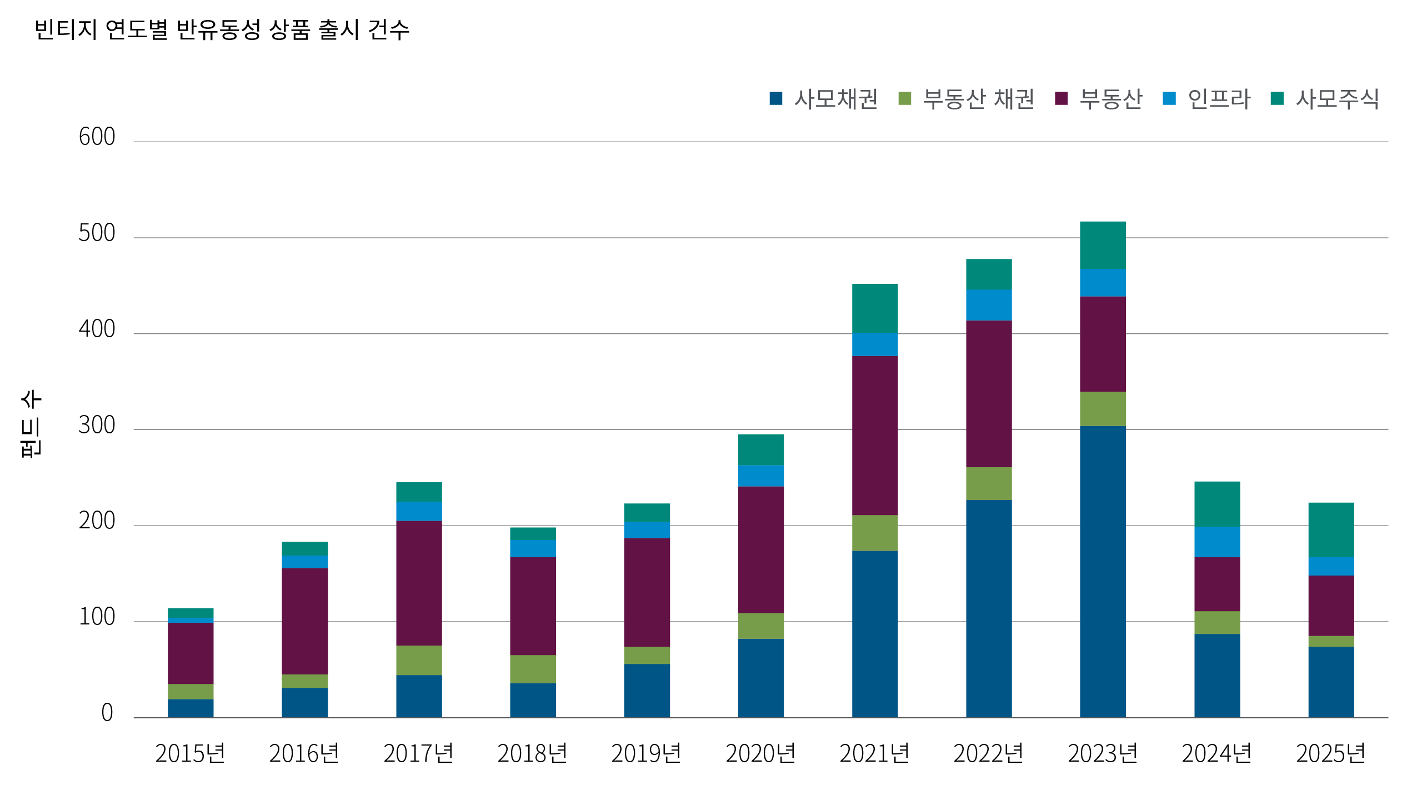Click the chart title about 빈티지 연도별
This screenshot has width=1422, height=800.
[x=222, y=30]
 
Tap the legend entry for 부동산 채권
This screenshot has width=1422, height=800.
[x=967, y=99]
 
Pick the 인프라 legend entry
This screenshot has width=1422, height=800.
[x=1206, y=99]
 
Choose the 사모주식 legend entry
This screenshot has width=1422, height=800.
[x=1325, y=99]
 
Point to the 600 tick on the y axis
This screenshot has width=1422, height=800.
[x=97, y=137]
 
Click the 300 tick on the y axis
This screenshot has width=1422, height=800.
[x=97, y=426]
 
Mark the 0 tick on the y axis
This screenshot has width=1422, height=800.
[x=107, y=713]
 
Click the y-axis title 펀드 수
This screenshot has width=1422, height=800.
[x=31, y=424]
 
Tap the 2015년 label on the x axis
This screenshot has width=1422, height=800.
[x=190, y=754]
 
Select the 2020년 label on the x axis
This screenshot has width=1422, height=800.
[x=760, y=754]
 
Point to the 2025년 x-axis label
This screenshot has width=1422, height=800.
[x=1331, y=754]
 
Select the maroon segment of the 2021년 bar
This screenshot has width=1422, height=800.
[x=875, y=436]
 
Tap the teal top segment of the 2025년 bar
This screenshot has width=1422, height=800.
[x=1331, y=529]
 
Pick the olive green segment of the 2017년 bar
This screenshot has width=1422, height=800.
[x=419, y=660]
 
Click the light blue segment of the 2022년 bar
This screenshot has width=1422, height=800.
[x=989, y=305]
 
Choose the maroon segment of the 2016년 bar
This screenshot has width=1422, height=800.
[x=304, y=621]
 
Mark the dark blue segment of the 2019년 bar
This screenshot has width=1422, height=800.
[x=647, y=691]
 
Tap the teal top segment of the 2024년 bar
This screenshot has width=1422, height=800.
[x=1217, y=504]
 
